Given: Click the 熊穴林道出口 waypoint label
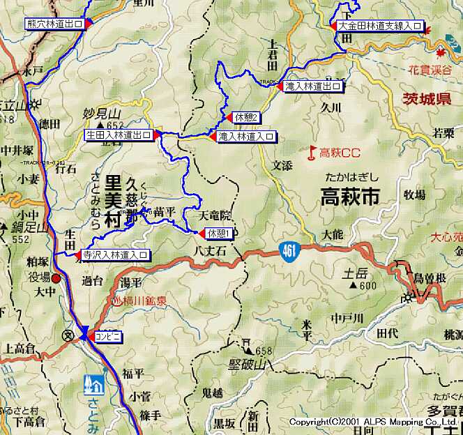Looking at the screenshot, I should (x=54, y=24).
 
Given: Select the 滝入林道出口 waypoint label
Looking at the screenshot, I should (x=314, y=87).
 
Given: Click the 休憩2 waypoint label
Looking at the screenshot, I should (x=247, y=117).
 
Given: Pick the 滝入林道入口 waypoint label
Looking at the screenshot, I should (x=245, y=137).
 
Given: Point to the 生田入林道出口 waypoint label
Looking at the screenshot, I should (x=119, y=135).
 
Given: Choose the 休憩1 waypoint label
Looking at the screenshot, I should (x=218, y=233).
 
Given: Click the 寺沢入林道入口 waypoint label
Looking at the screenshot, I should (x=115, y=255).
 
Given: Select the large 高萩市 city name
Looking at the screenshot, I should (x=349, y=198).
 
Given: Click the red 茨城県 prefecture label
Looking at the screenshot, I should (x=426, y=99).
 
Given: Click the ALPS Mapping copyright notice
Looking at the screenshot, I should (x=373, y=422).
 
